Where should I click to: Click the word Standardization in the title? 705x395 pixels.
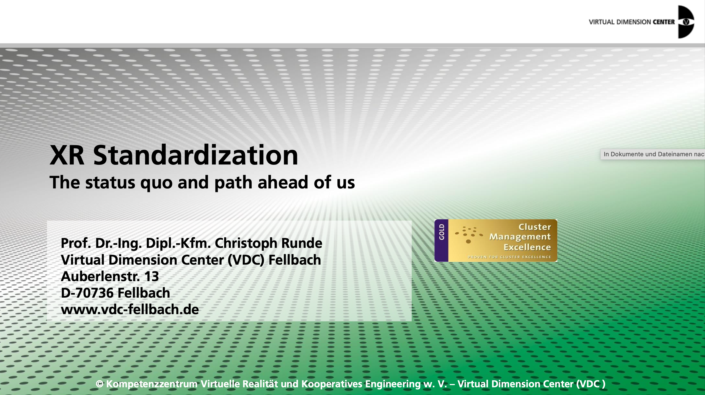(196, 155)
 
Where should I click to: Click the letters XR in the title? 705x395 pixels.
(67, 155)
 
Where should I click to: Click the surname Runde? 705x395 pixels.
(301, 243)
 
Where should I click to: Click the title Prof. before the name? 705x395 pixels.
(76, 243)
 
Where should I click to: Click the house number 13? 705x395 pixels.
(152, 276)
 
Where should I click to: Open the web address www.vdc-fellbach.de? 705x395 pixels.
(130, 309)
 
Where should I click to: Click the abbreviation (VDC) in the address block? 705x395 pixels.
(246, 260)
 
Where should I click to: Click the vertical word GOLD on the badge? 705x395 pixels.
(442, 232)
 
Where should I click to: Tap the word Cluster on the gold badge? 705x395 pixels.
(535, 227)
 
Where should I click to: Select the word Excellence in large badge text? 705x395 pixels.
(527, 247)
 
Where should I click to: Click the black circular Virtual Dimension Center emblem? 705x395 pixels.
(686, 22)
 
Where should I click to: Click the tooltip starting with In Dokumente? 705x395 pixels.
(652, 154)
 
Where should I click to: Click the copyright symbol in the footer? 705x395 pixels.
(100, 384)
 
